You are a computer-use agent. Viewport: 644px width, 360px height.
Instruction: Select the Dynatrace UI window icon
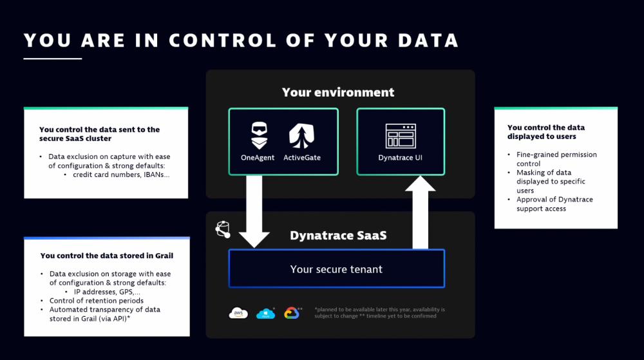point(401,136)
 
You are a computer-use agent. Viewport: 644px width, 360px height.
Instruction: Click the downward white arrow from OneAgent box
point(254,213)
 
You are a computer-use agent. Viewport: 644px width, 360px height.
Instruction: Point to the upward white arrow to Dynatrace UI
point(421,213)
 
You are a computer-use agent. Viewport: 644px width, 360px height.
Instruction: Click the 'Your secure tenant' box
point(336,269)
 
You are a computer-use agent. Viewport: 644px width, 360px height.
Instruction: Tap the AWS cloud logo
point(238,314)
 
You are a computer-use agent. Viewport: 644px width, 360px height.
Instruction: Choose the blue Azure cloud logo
point(265,314)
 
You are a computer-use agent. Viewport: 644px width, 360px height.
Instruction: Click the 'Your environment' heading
point(338,92)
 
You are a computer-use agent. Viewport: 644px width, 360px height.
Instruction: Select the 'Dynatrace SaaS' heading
point(338,235)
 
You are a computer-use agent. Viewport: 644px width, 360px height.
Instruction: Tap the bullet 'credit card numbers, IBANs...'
point(120,175)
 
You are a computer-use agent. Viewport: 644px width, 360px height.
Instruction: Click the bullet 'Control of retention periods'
point(96,301)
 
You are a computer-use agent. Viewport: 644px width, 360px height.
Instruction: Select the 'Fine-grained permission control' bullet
point(556,159)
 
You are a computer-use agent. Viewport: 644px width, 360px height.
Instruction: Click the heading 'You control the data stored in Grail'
point(106,256)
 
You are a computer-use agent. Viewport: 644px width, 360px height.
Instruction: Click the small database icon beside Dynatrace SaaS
point(223,229)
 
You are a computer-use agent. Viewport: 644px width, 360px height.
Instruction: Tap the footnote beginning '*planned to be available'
point(379,312)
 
